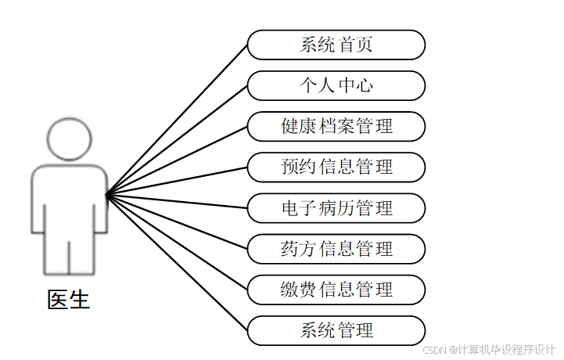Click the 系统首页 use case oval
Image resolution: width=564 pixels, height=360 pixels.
click(336, 45)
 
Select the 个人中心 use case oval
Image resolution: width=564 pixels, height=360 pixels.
click(336, 85)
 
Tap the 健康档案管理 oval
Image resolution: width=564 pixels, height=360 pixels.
click(336, 126)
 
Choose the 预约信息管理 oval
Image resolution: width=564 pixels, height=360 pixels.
click(336, 167)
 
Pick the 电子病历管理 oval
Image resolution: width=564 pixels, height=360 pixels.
click(336, 208)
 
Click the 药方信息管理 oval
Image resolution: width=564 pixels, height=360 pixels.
click(336, 249)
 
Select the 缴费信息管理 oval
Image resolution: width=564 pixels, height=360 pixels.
click(336, 290)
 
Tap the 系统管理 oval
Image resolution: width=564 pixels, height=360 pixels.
click(336, 330)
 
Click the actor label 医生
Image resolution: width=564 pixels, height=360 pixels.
click(69, 299)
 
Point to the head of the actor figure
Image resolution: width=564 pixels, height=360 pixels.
click(69, 138)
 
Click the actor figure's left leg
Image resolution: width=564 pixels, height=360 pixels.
click(55, 254)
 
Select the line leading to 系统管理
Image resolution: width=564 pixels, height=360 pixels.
click(177, 262)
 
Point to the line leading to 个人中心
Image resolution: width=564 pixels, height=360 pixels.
click(177, 139)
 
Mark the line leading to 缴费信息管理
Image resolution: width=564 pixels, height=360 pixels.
click(177, 242)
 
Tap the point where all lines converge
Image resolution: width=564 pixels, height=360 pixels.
click(106, 193)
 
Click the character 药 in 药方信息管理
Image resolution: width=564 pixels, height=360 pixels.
click(289, 249)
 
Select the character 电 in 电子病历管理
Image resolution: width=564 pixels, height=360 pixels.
click(289, 208)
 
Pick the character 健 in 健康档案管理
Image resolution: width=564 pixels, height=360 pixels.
click(289, 126)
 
